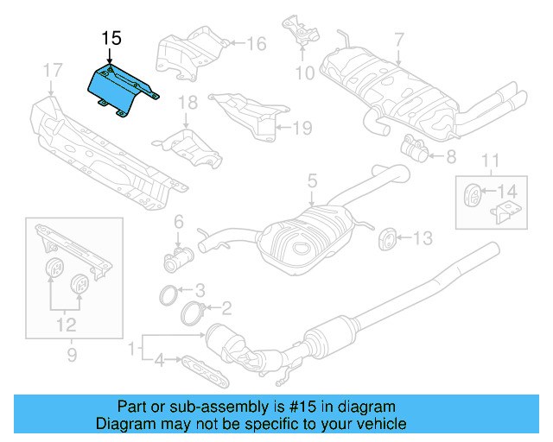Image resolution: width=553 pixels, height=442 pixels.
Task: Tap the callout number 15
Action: [x=111, y=38]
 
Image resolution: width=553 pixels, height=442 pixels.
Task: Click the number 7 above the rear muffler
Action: [x=399, y=39]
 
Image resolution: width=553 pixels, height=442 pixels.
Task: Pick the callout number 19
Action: [x=301, y=129]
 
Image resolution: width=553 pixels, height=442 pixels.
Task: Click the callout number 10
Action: [x=305, y=73]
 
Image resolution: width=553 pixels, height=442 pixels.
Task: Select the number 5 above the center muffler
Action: [x=313, y=181]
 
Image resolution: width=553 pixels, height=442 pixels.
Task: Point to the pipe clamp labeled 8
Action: [x=414, y=151]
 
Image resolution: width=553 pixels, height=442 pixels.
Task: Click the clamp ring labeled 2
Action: [x=196, y=313]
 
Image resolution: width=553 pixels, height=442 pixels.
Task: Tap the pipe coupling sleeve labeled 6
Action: [x=180, y=257]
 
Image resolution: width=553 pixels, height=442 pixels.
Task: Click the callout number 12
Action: [x=66, y=325]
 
